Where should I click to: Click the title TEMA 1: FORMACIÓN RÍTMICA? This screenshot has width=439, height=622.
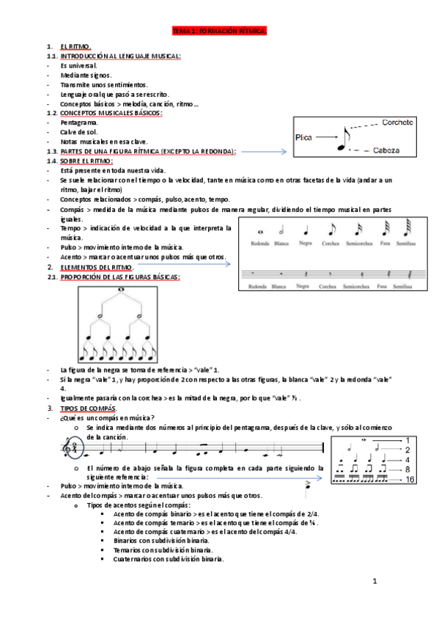tap(219, 32)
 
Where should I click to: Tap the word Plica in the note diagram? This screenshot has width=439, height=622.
tap(303, 136)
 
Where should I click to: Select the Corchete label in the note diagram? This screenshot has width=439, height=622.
tap(401, 123)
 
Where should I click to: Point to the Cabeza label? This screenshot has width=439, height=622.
tap(385, 150)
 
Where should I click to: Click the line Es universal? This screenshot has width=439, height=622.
tap(79, 65)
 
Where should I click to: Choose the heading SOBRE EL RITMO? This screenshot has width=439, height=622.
tap(86, 160)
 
